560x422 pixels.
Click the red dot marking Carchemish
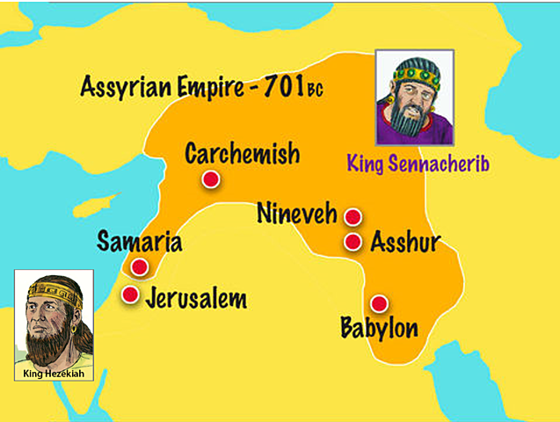click(x=209, y=180)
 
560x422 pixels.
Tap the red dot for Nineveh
click(x=353, y=217)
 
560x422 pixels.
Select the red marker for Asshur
click(x=353, y=242)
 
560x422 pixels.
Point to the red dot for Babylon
click(x=379, y=303)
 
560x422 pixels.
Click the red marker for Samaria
click(x=138, y=267)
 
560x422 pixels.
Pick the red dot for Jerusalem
click(x=130, y=295)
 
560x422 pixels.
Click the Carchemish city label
click(x=242, y=155)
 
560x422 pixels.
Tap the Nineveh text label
click(x=296, y=213)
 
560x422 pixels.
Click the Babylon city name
click(x=378, y=329)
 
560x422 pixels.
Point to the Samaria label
click(x=140, y=243)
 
